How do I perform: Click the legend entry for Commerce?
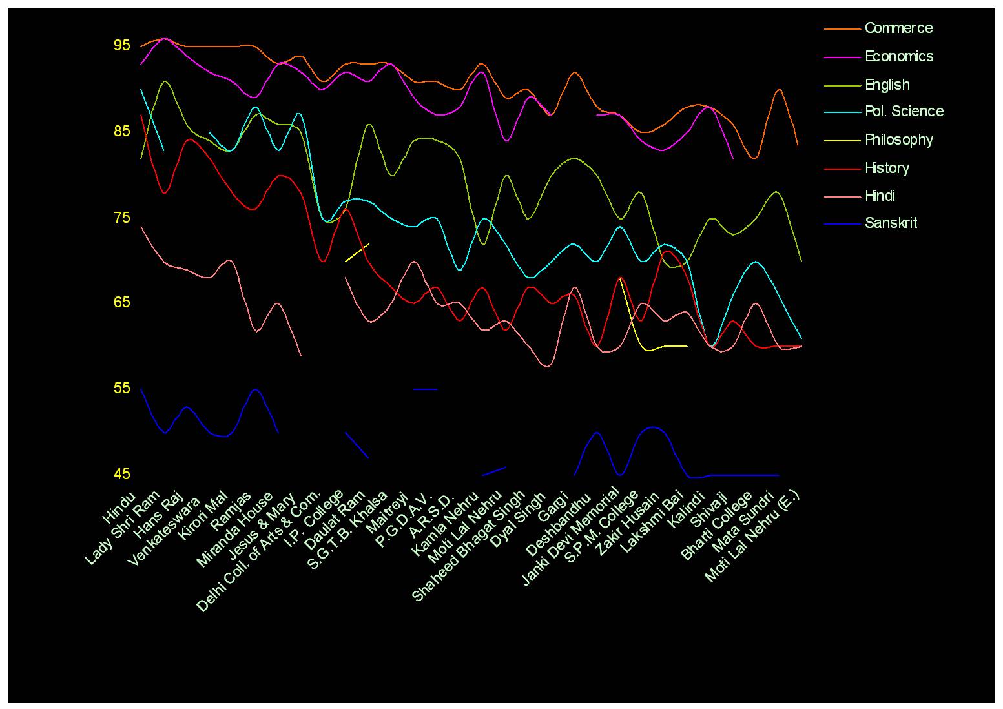click(x=898, y=28)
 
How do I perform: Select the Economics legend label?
click(x=899, y=57)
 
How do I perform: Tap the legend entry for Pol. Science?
click(x=904, y=112)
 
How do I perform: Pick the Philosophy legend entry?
click(x=899, y=140)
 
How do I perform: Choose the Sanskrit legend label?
click(x=891, y=223)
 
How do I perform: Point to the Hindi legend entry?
click(x=880, y=196)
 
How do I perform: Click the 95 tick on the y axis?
click(x=122, y=46)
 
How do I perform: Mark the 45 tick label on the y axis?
click(x=122, y=475)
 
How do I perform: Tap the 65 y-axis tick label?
click(x=122, y=303)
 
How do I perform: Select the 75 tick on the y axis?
click(x=122, y=218)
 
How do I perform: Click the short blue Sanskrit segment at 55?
click(x=425, y=389)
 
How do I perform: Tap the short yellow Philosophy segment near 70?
click(x=357, y=253)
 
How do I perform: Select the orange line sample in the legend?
click(x=843, y=28)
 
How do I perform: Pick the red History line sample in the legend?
click(x=843, y=169)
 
